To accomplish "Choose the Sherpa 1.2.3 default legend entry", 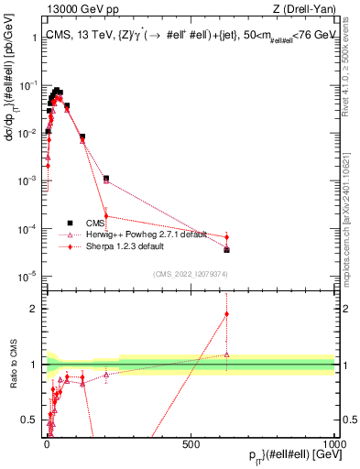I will pyautogui.click(x=119, y=246).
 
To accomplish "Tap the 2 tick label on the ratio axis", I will pyautogui.click(x=36, y=309).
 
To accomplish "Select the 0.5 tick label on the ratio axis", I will pyautogui.click(x=32, y=420).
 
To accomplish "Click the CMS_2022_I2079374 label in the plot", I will pyautogui.click(x=190, y=272).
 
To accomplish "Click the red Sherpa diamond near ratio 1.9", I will pyautogui.click(x=226, y=314).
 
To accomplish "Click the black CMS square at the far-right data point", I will pyautogui.click(x=226, y=249).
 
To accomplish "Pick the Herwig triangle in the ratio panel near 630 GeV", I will pyautogui.click(x=226, y=354).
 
